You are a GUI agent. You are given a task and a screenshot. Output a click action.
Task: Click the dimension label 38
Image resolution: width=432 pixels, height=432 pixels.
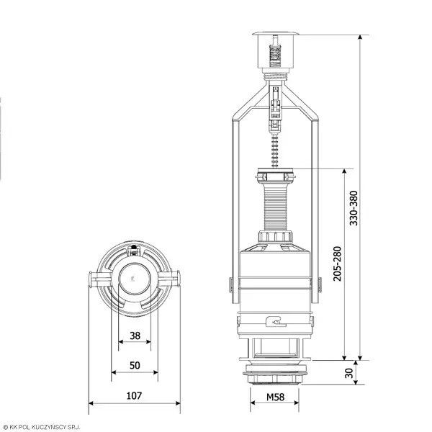(135, 336)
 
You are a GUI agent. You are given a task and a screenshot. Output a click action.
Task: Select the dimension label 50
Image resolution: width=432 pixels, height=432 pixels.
(135, 365)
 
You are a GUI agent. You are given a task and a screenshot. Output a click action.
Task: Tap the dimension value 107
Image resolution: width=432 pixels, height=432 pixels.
(134, 395)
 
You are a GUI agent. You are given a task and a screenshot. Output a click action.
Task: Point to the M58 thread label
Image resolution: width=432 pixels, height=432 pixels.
(275, 397)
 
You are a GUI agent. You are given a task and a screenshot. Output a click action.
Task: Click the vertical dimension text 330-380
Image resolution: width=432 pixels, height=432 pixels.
(354, 208)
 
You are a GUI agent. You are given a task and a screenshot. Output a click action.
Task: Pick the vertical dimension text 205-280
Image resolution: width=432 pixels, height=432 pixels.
(337, 264)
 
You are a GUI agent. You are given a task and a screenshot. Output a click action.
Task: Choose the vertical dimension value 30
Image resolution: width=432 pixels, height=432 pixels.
(349, 373)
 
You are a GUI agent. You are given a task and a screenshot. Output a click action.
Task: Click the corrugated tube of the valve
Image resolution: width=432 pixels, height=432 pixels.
(275, 209)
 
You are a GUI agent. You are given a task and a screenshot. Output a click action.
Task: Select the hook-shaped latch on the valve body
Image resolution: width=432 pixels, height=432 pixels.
(276, 321)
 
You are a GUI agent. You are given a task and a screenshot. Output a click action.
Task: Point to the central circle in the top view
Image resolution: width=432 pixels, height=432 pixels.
(135, 279)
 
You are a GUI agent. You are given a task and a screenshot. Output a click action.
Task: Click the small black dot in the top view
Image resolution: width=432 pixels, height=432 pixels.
(134, 247)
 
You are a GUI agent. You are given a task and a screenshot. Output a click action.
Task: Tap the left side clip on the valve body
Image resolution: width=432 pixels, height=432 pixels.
(231, 284)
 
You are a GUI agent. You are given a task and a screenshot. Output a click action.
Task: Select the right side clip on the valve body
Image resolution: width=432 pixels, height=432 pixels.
(320, 284)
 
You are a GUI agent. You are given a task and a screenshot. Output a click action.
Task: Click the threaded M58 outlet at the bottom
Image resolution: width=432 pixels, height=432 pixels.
(275, 374)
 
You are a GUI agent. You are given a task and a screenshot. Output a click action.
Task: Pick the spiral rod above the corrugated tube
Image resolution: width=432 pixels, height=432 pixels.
(275, 152)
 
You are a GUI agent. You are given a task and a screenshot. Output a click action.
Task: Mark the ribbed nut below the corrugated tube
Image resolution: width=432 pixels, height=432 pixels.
(275, 237)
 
